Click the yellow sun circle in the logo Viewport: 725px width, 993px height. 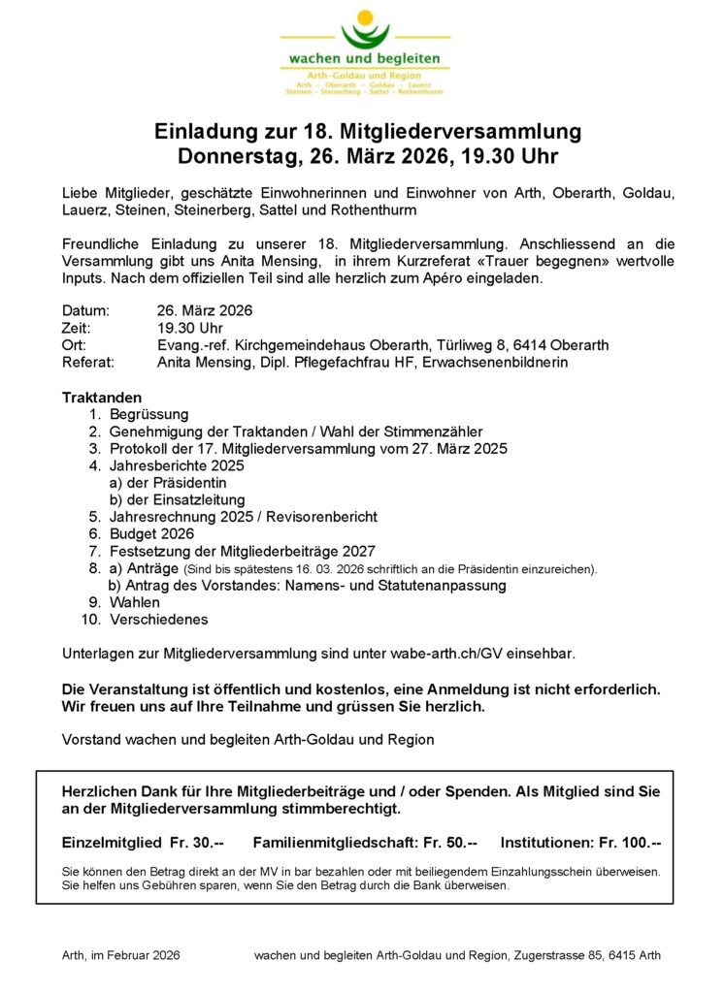[x=365, y=17]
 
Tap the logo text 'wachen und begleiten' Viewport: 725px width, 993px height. [x=364, y=59]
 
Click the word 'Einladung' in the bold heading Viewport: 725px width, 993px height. [x=212, y=132]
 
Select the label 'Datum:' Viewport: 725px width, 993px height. [x=85, y=311]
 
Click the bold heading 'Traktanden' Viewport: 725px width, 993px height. [x=102, y=398]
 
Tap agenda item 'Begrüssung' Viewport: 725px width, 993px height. [x=148, y=414]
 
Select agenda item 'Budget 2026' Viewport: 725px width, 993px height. [x=151, y=533]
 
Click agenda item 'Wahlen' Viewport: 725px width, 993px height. [x=135, y=602]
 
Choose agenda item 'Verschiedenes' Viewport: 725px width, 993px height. [x=158, y=620]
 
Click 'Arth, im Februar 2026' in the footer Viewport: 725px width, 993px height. [x=121, y=955]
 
